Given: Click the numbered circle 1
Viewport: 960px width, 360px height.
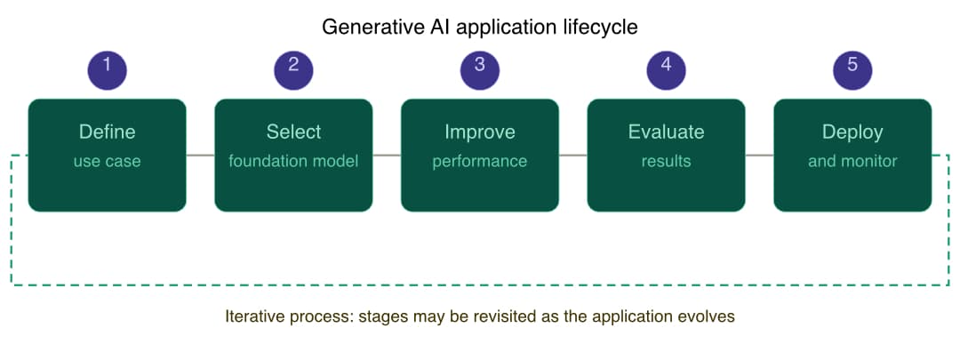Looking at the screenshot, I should point(107,68).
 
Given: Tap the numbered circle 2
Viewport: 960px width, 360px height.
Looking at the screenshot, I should point(293,68).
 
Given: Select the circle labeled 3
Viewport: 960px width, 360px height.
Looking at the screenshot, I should point(480,68).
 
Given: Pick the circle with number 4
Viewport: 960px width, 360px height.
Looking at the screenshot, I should point(666,68).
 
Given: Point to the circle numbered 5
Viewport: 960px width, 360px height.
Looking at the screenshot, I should point(852,68).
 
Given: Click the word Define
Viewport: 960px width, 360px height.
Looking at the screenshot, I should point(107,132).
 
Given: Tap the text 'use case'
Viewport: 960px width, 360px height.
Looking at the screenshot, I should point(107,162).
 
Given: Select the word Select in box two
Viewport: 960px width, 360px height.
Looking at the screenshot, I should point(293,132).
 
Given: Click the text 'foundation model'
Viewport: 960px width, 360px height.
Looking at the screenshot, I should point(293,162).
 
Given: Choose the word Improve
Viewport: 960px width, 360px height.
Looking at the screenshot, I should point(480,132).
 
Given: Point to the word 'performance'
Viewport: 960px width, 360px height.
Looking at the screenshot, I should point(480,162).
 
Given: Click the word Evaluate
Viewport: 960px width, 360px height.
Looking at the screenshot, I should point(666,132).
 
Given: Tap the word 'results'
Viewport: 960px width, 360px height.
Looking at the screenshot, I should point(666,162).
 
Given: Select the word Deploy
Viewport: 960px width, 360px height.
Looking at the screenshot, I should point(852,132).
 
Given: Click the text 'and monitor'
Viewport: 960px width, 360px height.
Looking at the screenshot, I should point(852,162).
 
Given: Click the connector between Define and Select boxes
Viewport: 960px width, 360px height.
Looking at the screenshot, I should point(201,156).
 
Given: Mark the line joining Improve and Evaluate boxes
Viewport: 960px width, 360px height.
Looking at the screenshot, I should point(573,156).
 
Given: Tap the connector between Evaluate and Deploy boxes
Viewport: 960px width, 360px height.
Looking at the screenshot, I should point(760,156).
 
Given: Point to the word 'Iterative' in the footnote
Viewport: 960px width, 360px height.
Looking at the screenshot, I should point(252,316).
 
